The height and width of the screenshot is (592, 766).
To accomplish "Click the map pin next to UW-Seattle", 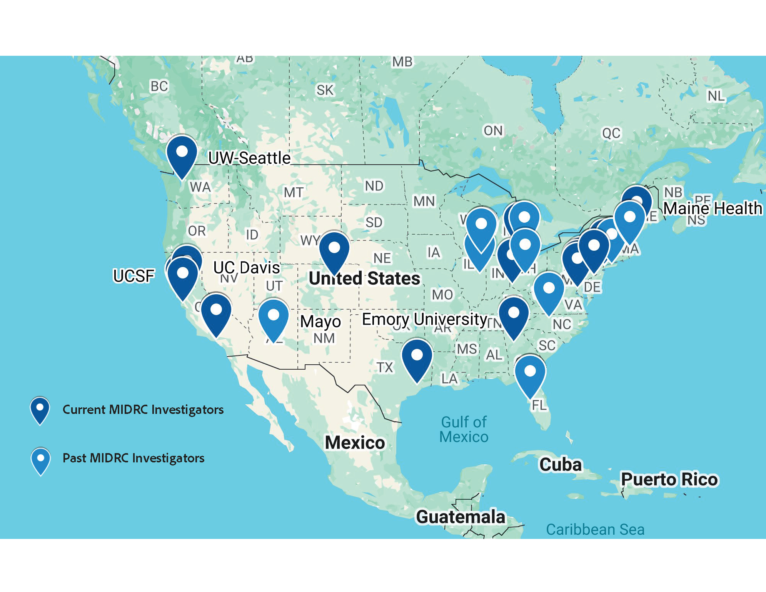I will coord(182,156).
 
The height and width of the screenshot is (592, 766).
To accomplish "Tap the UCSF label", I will coord(134,275).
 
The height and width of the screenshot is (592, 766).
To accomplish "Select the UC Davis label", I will coord(247,267).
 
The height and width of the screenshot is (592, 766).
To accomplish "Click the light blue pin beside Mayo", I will coord(274,319).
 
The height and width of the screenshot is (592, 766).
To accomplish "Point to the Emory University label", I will coord(425,319).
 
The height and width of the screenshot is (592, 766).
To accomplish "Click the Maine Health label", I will coord(713,208).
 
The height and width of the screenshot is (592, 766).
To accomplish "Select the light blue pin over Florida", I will coord(530,375).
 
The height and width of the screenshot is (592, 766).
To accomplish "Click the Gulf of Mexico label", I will coord(464,429).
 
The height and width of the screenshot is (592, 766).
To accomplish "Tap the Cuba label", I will coord(560,464).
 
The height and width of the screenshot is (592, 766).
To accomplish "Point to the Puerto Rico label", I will coord(669,479).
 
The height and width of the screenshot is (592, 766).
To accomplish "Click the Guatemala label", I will coord(461,517).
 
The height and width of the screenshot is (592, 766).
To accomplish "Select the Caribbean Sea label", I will coord(595,529).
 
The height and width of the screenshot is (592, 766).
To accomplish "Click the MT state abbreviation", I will coord(294,192).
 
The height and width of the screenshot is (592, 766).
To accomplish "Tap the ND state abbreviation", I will coord(374,186).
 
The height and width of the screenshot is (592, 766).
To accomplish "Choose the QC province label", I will coord(611,133).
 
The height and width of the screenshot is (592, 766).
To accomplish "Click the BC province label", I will coord(159,86).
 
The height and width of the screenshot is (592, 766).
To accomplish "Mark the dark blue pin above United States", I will coord(334,252).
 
